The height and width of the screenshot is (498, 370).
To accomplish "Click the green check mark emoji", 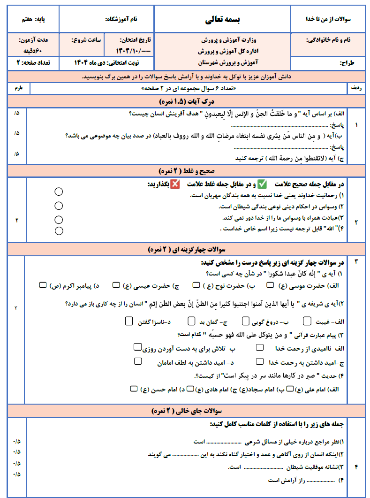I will click(x=262, y=184).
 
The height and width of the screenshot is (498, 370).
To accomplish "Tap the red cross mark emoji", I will click(x=176, y=184).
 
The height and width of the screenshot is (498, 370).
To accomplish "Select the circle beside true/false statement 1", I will click(x=59, y=192).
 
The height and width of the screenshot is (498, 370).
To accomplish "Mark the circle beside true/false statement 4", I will click(x=59, y=230).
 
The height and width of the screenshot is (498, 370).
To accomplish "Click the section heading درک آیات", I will click(x=187, y=101).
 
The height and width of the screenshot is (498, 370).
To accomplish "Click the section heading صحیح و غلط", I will click(x=187, y=170).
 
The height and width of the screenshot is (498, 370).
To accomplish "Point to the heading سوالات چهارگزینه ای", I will click(x=187, y=249).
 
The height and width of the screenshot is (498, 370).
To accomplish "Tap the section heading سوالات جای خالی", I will click(x=187, y=411).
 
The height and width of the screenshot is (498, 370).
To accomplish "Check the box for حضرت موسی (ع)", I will click(x=271, y=285).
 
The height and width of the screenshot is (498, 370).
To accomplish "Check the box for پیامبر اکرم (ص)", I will click(x=43, y=285).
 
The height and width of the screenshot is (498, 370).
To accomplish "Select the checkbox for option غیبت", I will click(x=307, y=321).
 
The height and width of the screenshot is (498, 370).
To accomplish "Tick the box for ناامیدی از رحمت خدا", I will click(x=259, y=348).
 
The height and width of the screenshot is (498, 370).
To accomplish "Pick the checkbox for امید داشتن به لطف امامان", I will click(x=138, y=361).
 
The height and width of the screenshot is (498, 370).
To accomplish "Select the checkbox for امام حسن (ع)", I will click(x=135, y=389).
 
